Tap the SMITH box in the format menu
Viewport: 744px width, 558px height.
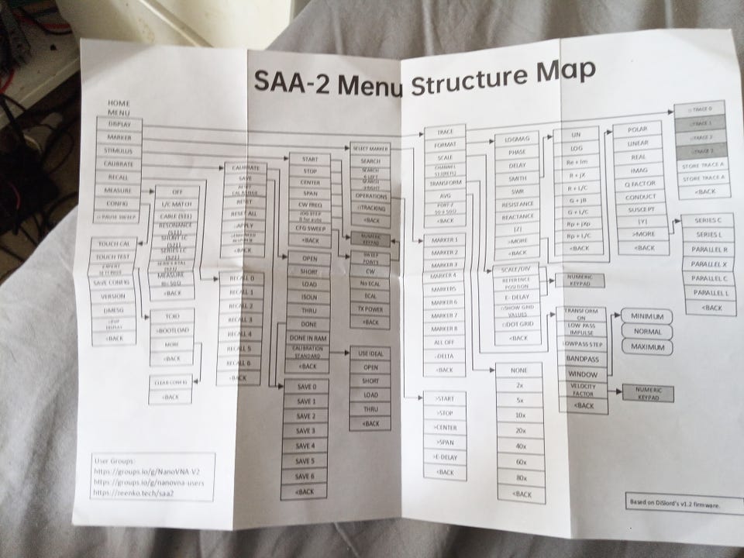(518, 179)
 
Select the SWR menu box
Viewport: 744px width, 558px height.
(518, 191)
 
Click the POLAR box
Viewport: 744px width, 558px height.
(640, 129)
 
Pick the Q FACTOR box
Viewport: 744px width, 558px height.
(640, 184)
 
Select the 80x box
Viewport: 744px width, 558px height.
(521, 477)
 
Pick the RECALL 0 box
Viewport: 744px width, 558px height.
(242, 277)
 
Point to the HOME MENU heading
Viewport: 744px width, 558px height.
(119, 108)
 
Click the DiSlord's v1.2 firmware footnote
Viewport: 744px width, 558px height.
(673, 504)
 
